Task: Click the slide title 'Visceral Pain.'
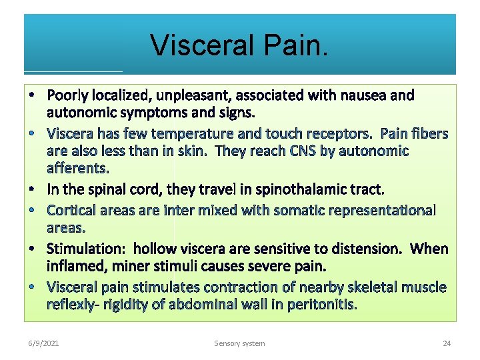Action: [239, 45]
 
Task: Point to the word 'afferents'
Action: [77, 167]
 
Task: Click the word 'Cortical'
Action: [73, 211]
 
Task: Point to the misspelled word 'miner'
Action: [132, 266]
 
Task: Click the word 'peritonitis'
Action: [323, 305]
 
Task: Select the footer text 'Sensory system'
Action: [239, 343]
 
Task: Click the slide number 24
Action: [447, 343]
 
